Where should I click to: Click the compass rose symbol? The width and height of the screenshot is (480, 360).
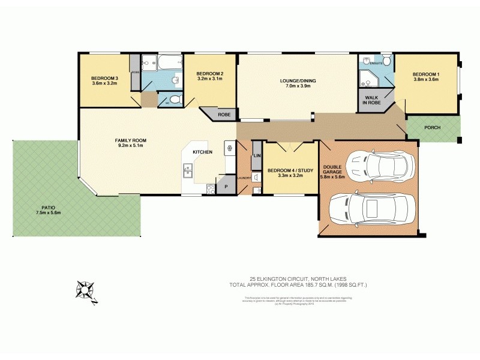click(86, 291)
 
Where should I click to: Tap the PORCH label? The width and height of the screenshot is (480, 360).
click(433, 127)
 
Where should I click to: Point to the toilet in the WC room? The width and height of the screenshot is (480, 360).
click(173, 100)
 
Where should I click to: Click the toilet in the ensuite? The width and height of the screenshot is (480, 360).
click(386, 61)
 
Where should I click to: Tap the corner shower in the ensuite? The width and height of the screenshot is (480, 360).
click(366, 77)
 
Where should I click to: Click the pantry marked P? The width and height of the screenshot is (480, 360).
click(227, 187)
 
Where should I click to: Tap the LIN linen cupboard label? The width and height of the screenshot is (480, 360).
click(256, 156)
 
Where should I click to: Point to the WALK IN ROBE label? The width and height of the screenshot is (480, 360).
click(371, 100)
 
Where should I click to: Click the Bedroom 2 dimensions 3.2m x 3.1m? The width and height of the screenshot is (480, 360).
click(210, 79)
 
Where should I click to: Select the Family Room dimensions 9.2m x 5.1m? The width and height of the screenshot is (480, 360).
click(131, 145)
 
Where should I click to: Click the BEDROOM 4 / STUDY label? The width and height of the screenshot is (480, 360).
click(290, 170)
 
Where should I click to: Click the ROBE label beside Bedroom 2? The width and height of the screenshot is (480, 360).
click(224, 113)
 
